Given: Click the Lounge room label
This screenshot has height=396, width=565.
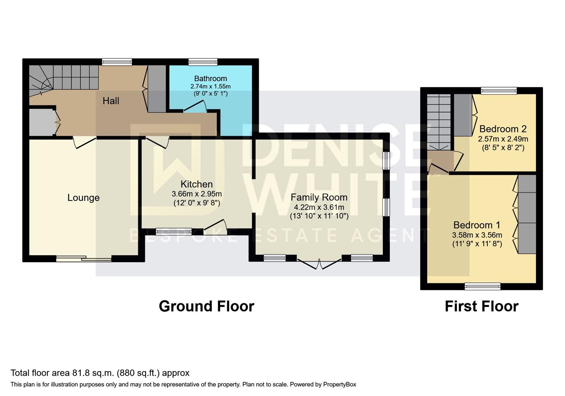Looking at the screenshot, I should point(83,198).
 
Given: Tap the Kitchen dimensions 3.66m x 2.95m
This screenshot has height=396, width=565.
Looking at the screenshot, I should point(196,194).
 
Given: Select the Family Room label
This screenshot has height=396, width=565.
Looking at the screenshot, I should point(319,197).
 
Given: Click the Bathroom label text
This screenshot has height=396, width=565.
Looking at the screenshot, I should point(210,78).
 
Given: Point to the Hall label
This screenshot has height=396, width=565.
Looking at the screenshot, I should point(111,101).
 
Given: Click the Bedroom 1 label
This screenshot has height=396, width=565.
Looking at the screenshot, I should point(477,225).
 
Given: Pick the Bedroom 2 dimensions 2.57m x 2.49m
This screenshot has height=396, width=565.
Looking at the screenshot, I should point(503,139).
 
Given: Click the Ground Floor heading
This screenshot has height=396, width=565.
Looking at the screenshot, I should point(206,306).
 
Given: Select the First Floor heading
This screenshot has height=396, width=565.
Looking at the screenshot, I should point(481,306).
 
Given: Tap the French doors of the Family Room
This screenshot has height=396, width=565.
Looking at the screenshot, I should point(319,264).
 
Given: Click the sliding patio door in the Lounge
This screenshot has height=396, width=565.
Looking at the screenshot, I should point(84,259).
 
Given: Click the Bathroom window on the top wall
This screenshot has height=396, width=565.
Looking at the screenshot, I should point(203,62).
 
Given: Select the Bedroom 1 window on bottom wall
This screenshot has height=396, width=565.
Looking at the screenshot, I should point(482,286).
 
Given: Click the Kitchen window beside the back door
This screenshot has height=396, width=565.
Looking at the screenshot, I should point(173,231).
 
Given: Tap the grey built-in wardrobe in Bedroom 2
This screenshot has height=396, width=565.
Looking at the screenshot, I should point(463,115).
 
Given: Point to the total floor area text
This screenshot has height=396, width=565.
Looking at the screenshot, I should point(100,373).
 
